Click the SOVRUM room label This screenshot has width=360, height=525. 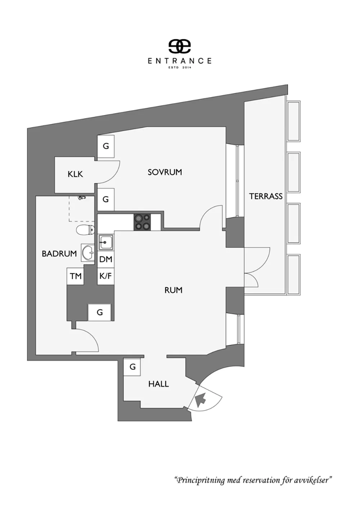tap(165, 172)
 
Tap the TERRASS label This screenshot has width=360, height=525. tap(266, 196)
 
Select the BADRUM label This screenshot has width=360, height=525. tap(59, 254)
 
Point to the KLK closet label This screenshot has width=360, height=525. tap(75, 174)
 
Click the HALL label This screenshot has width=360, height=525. tap(158, 384)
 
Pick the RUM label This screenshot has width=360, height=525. tap(173, 290)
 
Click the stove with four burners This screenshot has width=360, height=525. tap(142, 222)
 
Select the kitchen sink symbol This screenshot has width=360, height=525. tap(106, 242)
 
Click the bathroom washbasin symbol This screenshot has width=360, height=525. tap(87, 252)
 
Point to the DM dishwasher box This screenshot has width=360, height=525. tap(106, 259)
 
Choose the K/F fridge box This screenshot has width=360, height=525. tap(106, 276)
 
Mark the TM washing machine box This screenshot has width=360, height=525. tap(76, 276)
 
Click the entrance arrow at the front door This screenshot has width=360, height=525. tap(200, 399)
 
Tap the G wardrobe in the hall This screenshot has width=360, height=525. tap(132, 367)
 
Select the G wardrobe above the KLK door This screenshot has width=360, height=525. tap(106, 146)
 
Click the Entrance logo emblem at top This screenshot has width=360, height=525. tap(179, 46)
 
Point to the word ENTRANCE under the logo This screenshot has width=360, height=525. tap(179, 61)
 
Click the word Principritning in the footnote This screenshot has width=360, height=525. tap(201, 480)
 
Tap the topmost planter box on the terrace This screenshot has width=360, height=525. tap(293, 121)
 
